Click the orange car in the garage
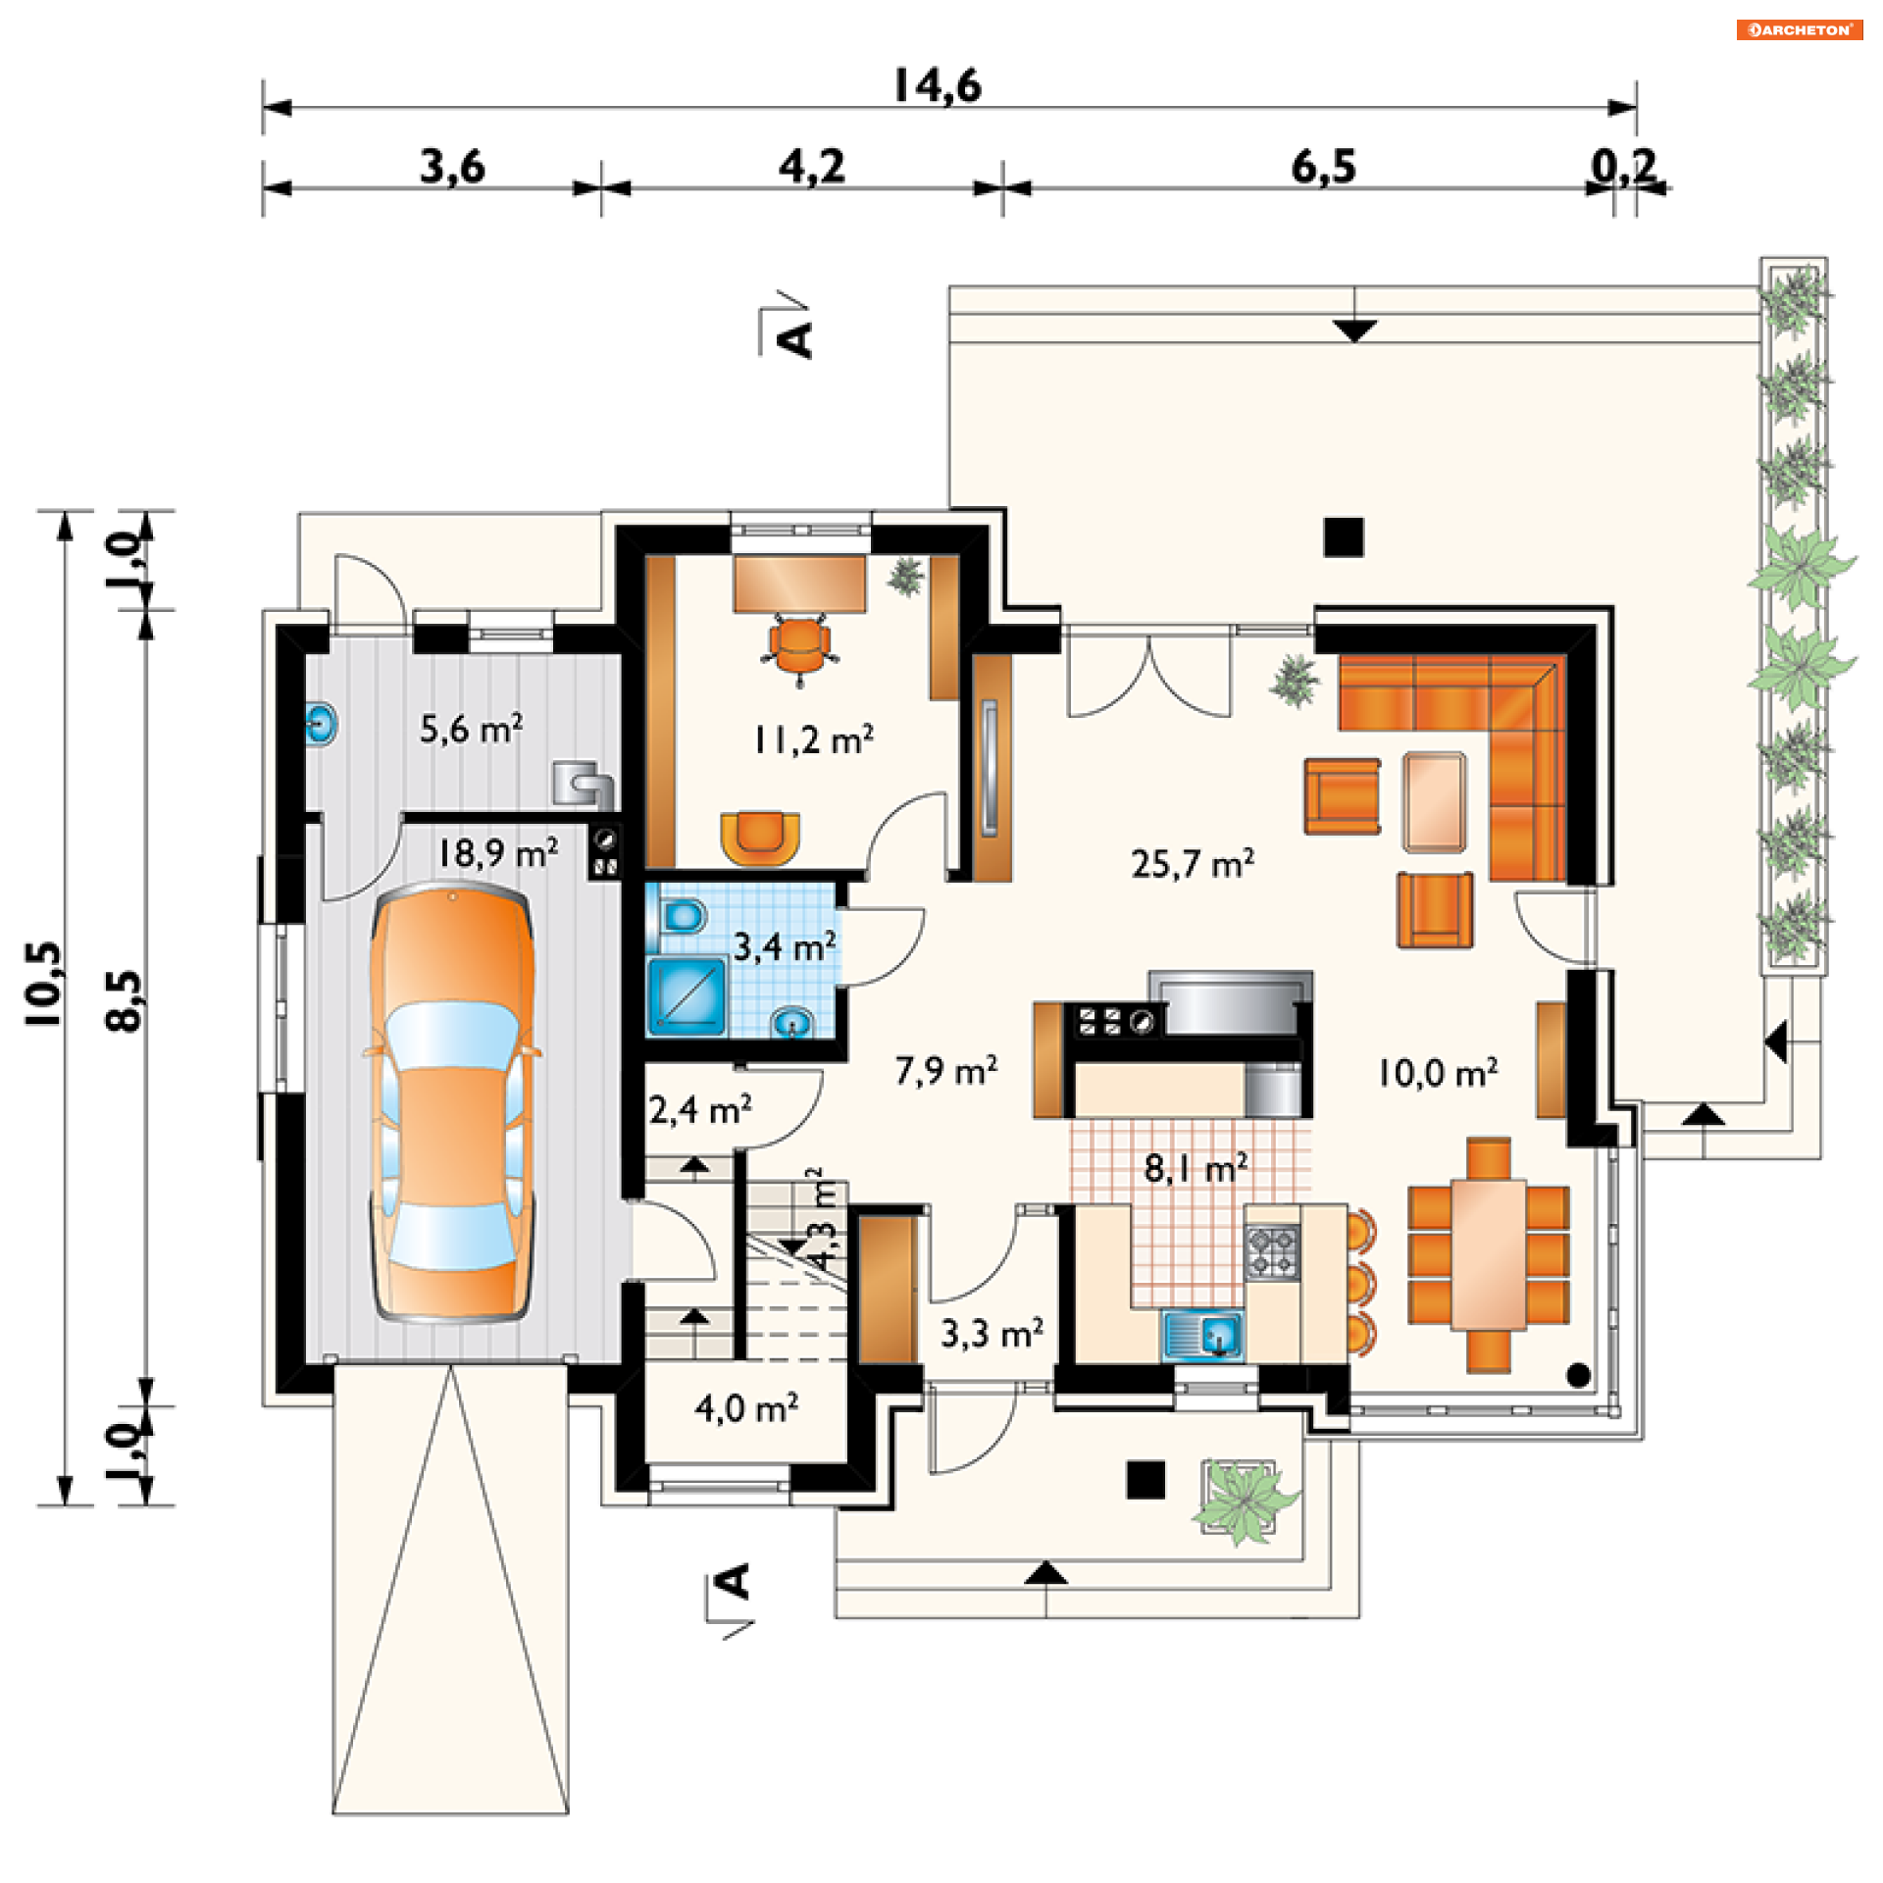click(x=453, y=1102)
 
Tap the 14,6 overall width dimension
click(x=937, y=86)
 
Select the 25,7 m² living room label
click(x=1193, y=863)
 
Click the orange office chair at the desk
click(x=799, y=647)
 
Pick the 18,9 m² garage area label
click(x=497, y=852)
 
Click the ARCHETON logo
click(x=1800, y=29)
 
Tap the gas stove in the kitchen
click(x=1272, y=1252)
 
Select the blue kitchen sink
click(x=1202, y=1335)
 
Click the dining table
click(x=1489, y=1254)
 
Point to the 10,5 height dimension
click(x=44, y=984)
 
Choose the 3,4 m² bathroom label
click(x=785, y=946)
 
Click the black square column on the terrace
click(x=1344, y=537)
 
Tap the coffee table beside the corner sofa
click(x=1434, y=801)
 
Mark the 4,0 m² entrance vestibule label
click(x=746, y=1408)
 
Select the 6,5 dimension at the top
click(x=1323, y=167)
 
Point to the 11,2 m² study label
click(x=813, y=739)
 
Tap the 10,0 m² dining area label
click(x=1438, y=1073)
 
